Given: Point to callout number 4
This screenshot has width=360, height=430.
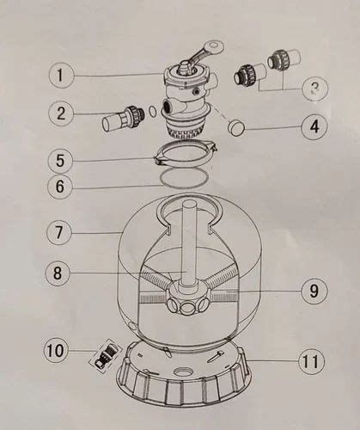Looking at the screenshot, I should point(314,126).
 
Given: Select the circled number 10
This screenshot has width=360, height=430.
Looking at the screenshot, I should point(58,350).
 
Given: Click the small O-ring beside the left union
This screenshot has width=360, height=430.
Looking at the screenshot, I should point(151,109).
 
